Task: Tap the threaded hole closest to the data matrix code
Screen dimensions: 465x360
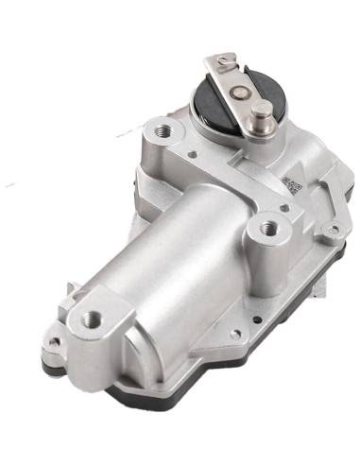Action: click(x=271, y=228)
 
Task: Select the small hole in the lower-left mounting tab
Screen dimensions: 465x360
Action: click(x=54, y=342)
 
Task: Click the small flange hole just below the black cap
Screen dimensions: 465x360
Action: click(x=192, y=153)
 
